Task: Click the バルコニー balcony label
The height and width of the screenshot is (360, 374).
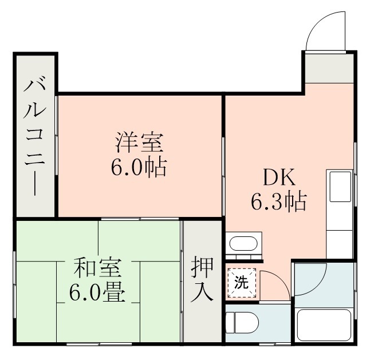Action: click(35, 137)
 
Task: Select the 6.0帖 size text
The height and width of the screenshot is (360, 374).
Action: click(139, 167)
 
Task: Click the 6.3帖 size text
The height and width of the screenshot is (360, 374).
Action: click(278, 201)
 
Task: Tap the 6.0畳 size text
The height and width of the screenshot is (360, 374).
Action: click(97, 293)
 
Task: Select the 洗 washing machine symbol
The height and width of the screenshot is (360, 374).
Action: click(241, 283)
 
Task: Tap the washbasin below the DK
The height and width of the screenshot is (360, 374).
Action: click(244, 245)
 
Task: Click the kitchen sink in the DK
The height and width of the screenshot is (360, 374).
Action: click(340, 187)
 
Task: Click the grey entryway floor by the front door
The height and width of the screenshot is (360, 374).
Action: click(329, 68)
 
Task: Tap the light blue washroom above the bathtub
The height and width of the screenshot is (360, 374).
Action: click(324, 284)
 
